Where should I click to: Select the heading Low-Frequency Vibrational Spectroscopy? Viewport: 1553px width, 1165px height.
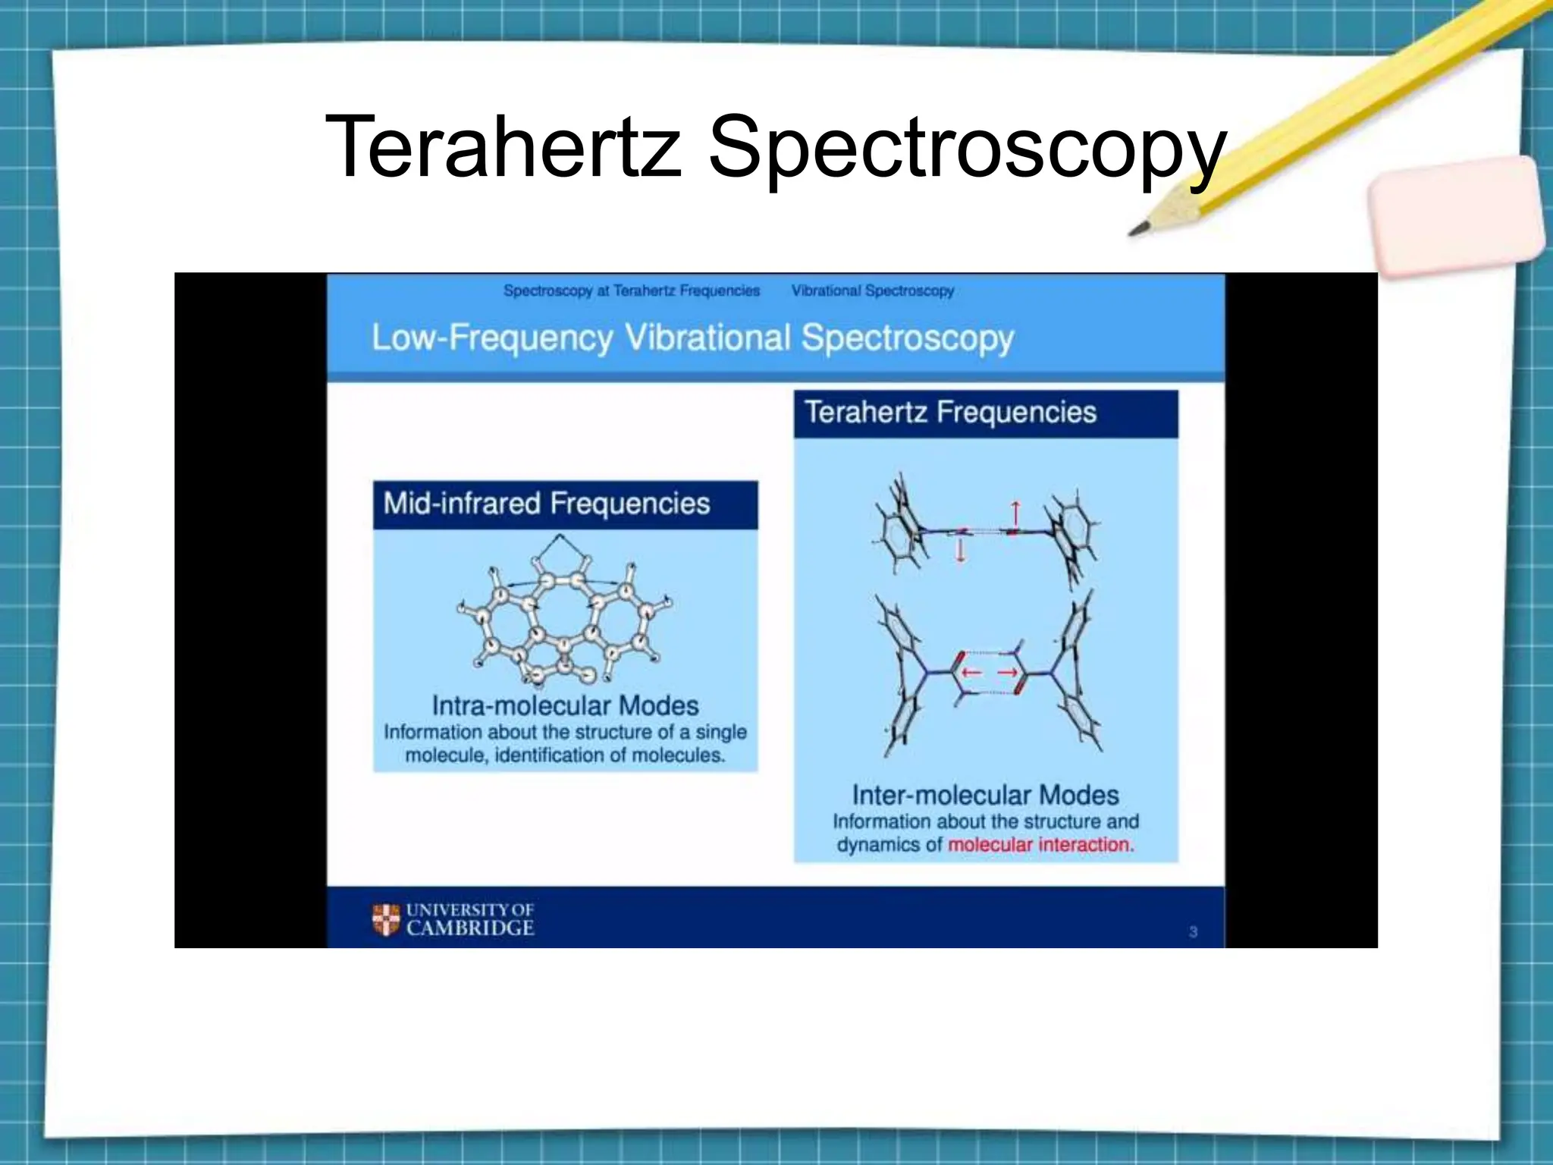tap(692, 338)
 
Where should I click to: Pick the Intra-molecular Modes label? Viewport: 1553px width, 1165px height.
tap(565, 705)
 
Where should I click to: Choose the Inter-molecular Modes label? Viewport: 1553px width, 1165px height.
tap(985, 795)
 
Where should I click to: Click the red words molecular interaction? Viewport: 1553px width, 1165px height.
tap(1040, 845)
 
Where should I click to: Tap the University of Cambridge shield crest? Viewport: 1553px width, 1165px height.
tap(386, 919)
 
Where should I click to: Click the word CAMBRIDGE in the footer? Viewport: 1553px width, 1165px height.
tap(470, 928)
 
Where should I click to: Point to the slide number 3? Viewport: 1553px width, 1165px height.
tap(1193, 931)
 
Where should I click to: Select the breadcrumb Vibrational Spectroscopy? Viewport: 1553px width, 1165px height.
tap(872, 290)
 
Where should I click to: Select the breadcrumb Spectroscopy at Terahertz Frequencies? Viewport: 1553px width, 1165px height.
tap(631, 290)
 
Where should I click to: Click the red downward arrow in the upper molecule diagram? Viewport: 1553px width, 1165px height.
tap(961, 550)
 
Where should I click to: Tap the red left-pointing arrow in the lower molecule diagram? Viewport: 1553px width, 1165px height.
tap(971, 672)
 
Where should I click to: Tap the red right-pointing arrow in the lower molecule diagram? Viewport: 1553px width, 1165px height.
tap(1008, 672)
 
